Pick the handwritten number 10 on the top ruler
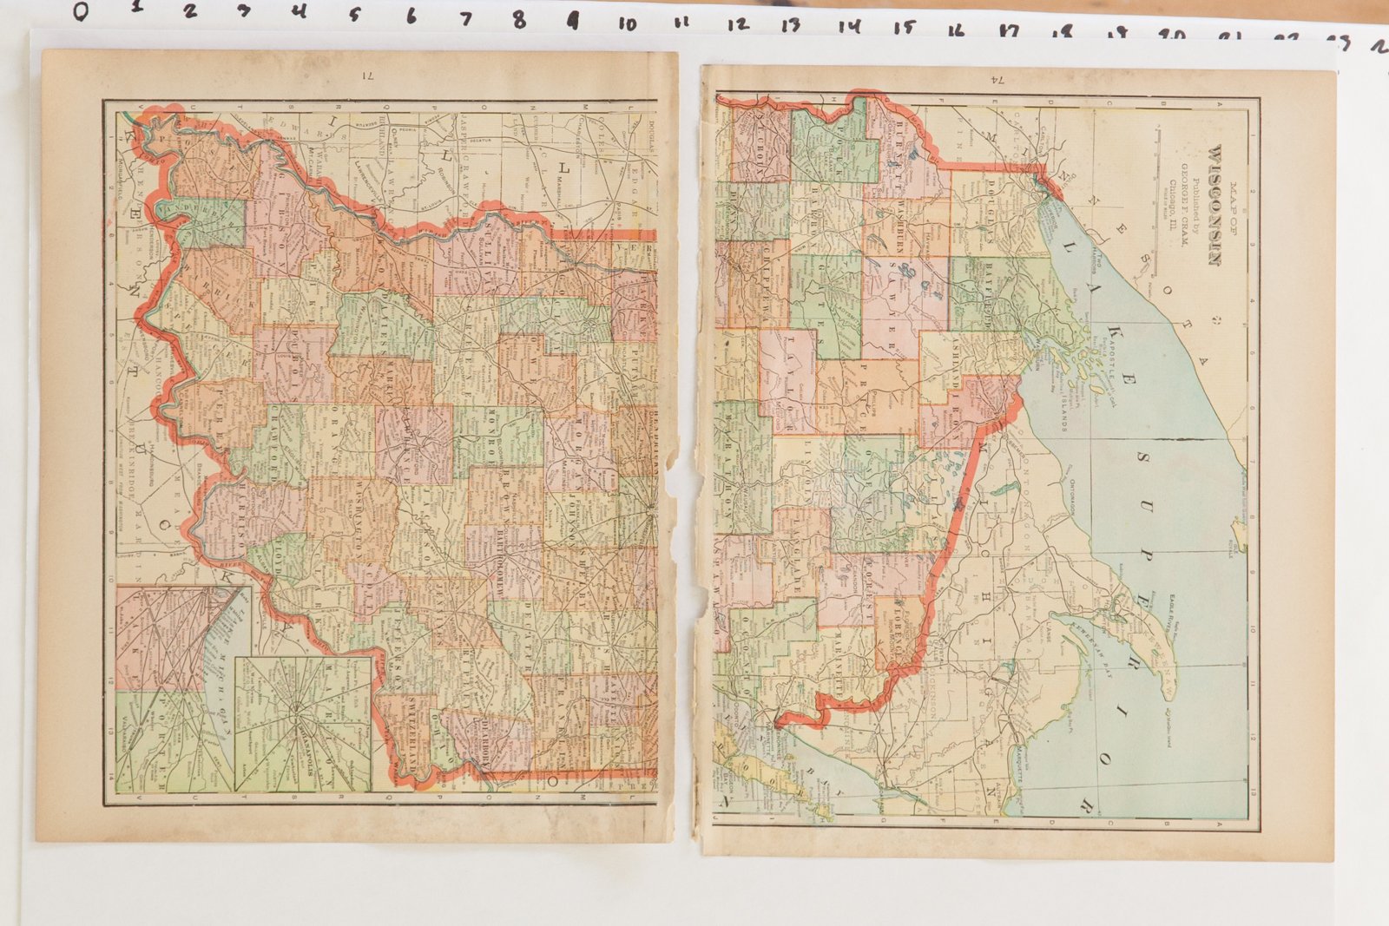coord(627,23)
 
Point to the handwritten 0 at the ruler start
coord(80,11)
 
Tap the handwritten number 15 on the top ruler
coord(905,26)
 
